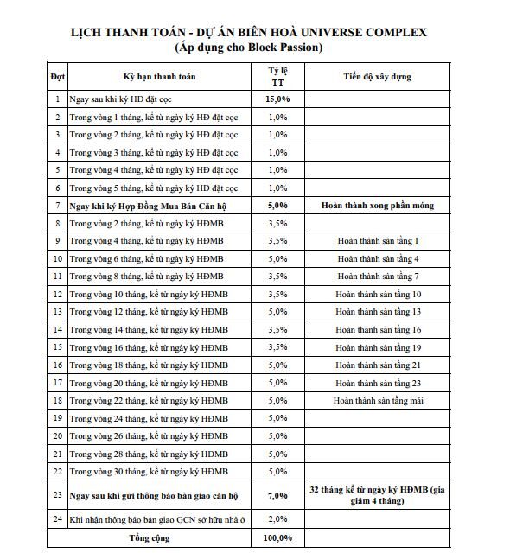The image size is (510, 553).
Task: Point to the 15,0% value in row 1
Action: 277,99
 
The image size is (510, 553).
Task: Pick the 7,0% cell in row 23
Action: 277,495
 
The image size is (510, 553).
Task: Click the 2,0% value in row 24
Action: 277,518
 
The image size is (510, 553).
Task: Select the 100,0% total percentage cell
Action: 277,538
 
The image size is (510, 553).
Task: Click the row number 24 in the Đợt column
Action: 57,518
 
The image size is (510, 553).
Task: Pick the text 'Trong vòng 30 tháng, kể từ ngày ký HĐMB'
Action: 148,471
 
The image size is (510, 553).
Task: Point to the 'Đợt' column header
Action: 57,77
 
